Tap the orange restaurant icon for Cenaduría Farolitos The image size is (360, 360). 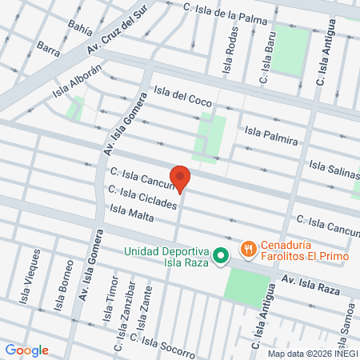(250, 250)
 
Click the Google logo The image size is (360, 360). (26, 350)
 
